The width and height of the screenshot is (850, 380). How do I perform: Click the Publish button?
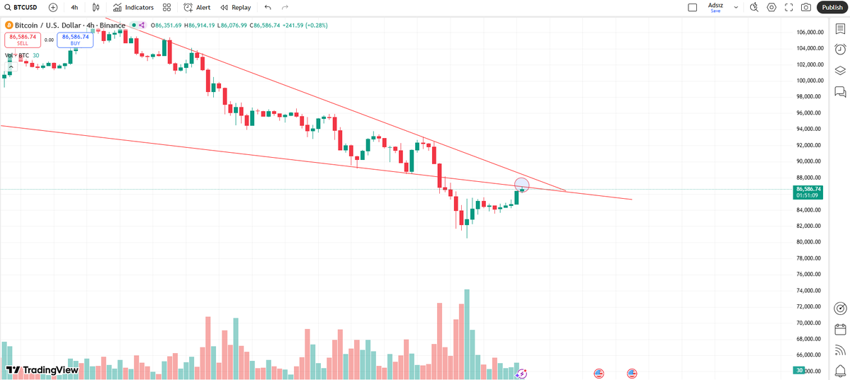pyautogui.click(x=832, y=7)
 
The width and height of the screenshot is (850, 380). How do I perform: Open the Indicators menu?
pyautogui.click(x=133, y=7)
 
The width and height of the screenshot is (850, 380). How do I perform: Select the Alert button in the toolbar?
pyautogui.click(x=197, y=7)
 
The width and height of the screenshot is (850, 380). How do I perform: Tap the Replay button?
pyautogui.click(x=236, y=7)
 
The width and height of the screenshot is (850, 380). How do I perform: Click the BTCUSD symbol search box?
pyautogui.click(x=21, y=7)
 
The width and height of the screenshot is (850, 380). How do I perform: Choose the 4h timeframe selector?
pyautogui.click(x=74, y=7)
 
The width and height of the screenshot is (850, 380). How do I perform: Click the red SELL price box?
pyautogui.click(x=23, y=40)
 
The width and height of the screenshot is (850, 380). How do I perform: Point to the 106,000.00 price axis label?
pyautogui.click(x=809, y=33)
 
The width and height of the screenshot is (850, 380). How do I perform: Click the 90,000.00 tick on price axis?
pyautogui.click(x=809, y=161)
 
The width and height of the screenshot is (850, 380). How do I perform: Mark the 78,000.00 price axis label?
pyautogui.click(x=809, y=258)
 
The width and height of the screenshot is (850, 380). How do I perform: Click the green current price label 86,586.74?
pyautogui.click(x=808, y=189)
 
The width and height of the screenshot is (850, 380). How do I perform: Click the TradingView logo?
pyautogui.click(x=42, y=369)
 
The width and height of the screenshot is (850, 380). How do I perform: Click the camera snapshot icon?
pyautogui.click(x=806, y=7)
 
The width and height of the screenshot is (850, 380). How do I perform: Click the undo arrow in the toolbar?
pyautogui.click(x=267, y=7)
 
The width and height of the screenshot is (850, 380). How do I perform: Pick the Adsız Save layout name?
pyautogui.click(x=716, y=7)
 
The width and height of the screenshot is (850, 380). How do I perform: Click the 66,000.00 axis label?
pyautogui.click(x=809, y=355)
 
